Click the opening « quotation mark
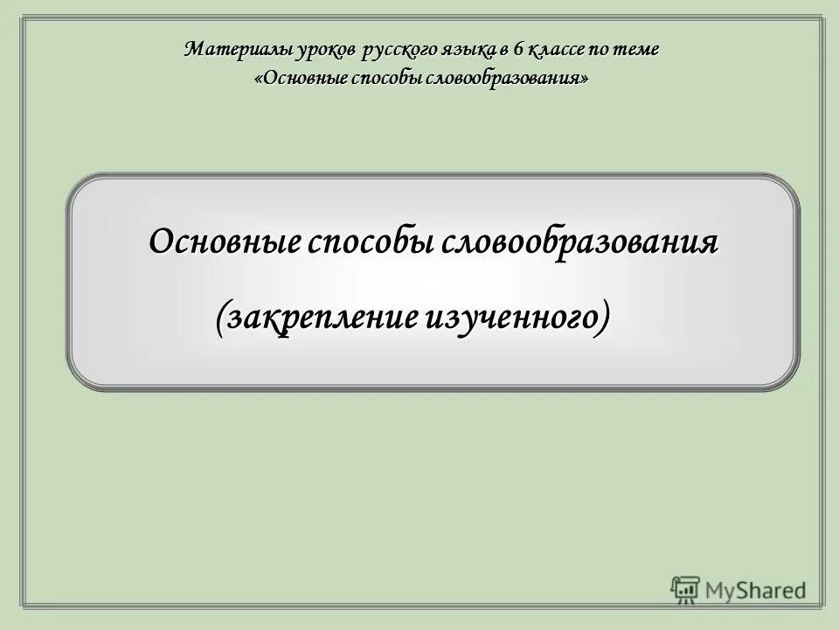[258, 79]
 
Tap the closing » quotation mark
[583, 79]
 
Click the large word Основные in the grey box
[223, 241]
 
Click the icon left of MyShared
[685, 589]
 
